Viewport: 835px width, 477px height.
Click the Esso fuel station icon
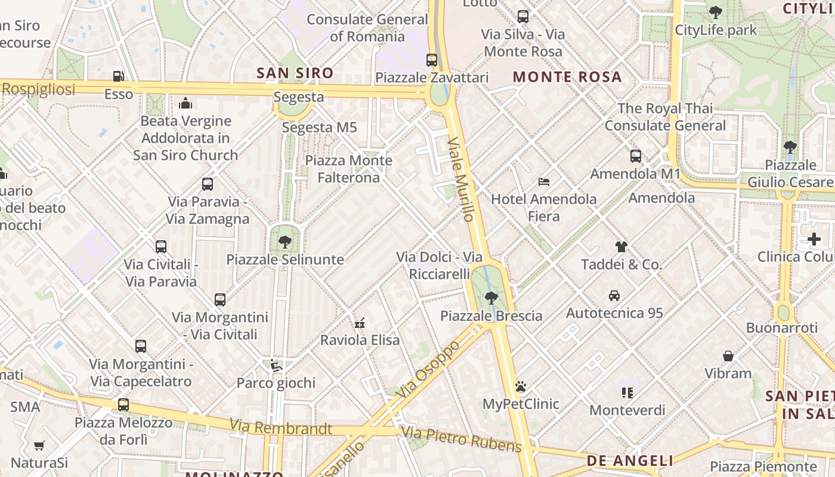pos(119,76)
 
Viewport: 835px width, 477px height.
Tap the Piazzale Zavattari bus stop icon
pos(432,60)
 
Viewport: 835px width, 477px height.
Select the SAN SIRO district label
pos(295,73)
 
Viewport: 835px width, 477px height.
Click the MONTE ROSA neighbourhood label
pos(567,77)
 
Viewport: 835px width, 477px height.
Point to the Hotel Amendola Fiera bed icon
pos(543,181)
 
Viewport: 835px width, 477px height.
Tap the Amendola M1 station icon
pos(636,156)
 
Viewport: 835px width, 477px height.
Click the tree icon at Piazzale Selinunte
pos(285,241)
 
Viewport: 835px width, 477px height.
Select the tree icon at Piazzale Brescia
pos(491,298)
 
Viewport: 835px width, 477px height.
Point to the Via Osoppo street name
pos(428,370)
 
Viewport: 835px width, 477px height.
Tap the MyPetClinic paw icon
pos(521,386)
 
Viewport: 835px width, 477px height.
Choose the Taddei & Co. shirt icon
pos(621,246)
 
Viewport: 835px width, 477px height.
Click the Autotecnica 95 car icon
pos(614,295)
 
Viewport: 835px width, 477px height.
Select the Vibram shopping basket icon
pos(728,356)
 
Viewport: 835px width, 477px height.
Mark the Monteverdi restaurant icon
pos(627,392)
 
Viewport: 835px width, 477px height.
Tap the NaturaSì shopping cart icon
pos(39,445)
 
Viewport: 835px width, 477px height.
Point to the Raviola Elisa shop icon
pos(360,323)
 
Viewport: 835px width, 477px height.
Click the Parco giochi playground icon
pos(276,365)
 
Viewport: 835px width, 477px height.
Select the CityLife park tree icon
pos(715,12)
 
